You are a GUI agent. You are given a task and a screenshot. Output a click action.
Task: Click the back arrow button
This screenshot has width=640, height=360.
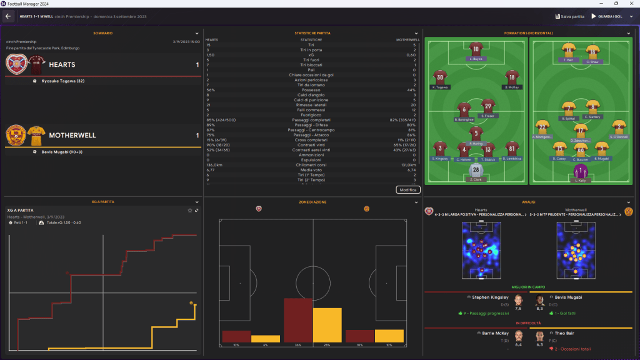point(8,16)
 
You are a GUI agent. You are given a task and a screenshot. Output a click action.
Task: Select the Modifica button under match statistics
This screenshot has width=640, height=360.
point(408,189)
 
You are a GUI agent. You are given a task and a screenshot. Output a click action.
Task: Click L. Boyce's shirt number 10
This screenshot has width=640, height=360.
point(476,49)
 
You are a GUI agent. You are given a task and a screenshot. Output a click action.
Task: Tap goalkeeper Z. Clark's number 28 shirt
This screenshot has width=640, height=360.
point(476,170)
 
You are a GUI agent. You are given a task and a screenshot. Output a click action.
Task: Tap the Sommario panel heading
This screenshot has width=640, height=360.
point(102,32)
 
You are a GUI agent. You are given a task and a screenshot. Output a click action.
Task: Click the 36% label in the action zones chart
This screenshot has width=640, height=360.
point(298,345)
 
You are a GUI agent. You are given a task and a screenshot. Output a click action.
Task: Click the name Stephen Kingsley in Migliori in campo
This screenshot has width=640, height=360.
point(489,297)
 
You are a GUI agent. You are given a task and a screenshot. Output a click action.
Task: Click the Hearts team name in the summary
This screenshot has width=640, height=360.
point(62,64)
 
